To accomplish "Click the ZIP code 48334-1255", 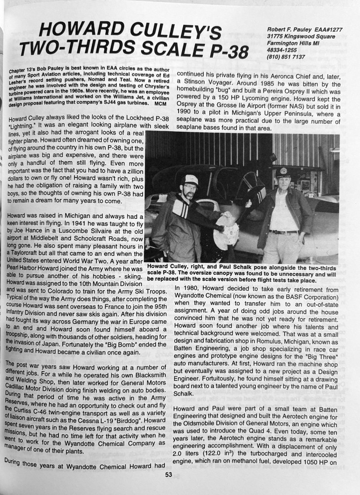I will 284,50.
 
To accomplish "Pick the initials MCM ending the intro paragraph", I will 159,104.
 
